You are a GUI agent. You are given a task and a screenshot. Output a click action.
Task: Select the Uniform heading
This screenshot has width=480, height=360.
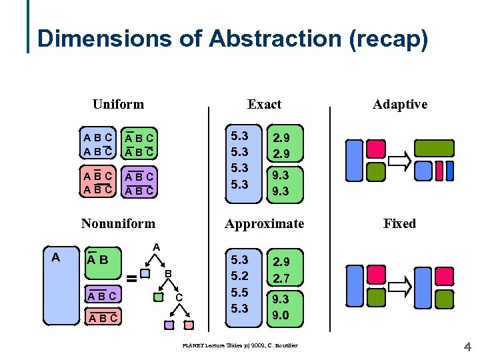click(x=118, y=104)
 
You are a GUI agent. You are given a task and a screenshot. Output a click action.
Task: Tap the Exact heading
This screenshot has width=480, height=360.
click(x=264, y=104)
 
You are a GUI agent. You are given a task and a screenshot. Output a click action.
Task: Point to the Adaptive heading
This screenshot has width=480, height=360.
click(x=400, y=104)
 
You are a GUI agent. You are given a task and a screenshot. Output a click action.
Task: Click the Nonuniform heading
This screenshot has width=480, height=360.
click(x=118, y=223)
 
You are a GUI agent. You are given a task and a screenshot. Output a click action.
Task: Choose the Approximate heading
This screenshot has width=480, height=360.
click(x=264, y=223)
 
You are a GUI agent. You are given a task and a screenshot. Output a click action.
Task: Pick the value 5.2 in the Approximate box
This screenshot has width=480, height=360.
click(x=239, y=276)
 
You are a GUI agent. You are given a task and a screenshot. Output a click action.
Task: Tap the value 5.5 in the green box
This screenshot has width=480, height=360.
click(x=239, y=292)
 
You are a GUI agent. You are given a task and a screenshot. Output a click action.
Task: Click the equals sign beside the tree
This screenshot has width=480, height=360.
click(x=132, y=279)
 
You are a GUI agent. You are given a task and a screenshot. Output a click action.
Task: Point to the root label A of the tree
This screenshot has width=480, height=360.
click(x=156, y=247)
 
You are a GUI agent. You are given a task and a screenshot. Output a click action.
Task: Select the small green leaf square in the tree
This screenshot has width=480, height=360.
click(x=158, y=297)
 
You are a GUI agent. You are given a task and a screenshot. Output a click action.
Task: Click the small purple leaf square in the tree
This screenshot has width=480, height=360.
click(x=169, y=325)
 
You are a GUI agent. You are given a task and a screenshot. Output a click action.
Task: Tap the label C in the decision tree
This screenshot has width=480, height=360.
click(x=179, y=297)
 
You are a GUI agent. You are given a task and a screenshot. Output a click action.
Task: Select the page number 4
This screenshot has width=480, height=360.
click(x=467, y=347)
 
